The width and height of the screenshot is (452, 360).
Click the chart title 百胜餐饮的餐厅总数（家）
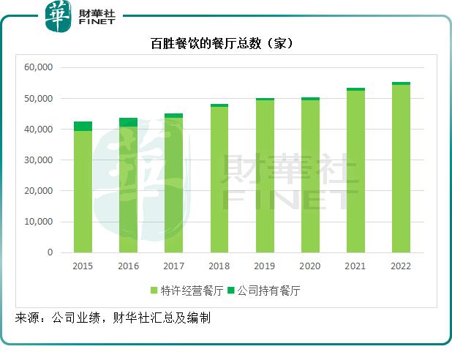[226, 44]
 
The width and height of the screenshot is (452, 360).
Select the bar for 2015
[83, 190]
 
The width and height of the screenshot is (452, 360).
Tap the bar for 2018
[219, 179]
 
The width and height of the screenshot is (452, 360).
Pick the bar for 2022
[401, 168]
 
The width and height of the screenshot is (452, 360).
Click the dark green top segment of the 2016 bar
[128, 122]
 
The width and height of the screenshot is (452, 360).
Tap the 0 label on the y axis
[50, 252]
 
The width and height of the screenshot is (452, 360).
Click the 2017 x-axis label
[173, 266]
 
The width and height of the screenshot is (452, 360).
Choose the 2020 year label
[310, 266]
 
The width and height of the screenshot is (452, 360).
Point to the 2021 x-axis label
[355, 266]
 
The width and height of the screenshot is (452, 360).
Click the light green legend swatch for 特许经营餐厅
[154, 290]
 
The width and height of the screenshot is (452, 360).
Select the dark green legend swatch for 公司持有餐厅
[233, 290]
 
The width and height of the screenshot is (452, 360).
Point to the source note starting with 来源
[113, 318]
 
